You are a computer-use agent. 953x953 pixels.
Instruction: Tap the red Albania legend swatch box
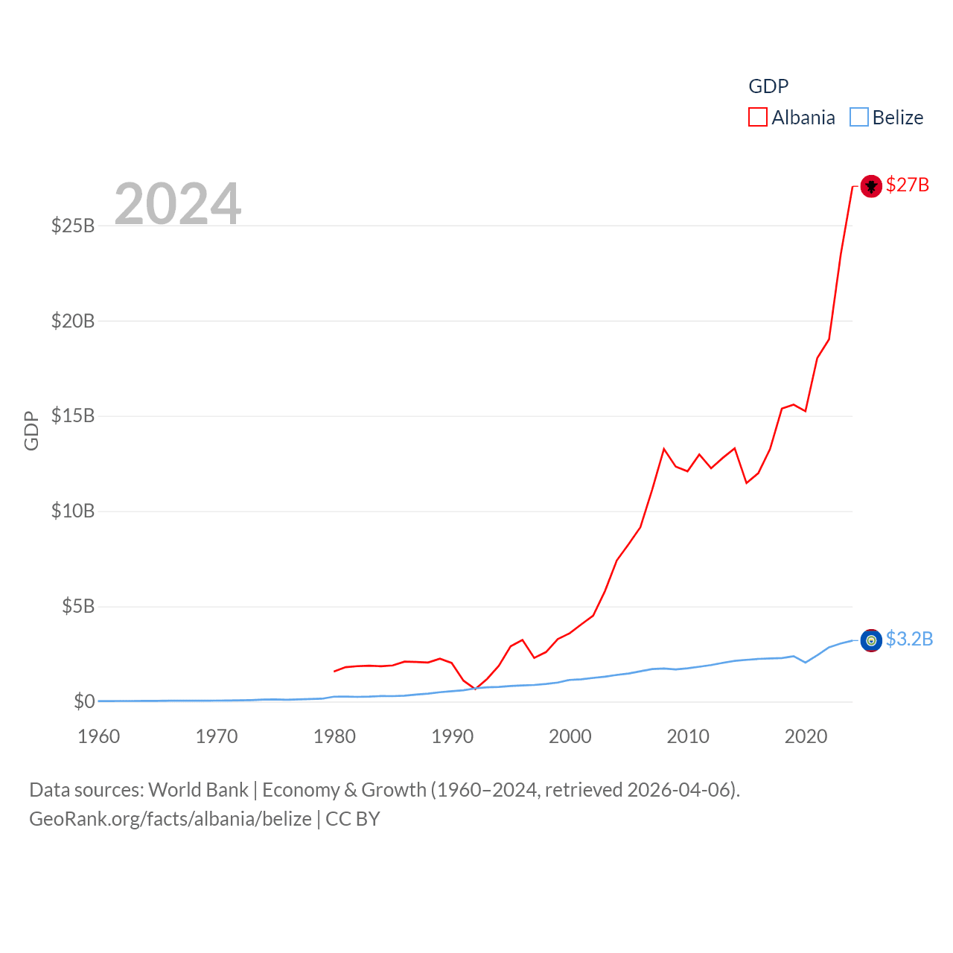point(758,118)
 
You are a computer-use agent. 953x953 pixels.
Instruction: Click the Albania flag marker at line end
point(871,186)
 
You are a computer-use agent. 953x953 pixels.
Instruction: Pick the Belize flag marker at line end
point(871,640)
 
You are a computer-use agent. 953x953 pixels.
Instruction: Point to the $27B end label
point(908,185)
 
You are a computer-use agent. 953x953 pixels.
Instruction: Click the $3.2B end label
point(909,639)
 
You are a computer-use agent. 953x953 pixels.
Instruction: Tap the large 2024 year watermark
point(178,203)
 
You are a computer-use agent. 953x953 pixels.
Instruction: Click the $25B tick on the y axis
point(73,226)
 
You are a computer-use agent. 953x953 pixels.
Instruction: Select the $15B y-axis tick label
point(73,415)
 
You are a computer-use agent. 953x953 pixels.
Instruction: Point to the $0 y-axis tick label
point(84,701)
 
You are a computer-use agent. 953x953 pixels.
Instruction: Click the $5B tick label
point(78,606)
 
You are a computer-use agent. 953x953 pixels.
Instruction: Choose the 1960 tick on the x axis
point(99,736)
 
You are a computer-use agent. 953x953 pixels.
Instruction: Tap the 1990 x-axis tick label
point(453,736)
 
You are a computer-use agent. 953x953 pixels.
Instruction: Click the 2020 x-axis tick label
point(806,736)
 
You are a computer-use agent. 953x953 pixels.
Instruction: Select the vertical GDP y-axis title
point(31,430)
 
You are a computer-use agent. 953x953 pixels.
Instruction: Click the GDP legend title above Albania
point(768,86)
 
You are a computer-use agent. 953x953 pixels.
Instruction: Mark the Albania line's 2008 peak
point(663,449)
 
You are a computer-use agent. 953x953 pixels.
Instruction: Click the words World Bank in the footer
point(199,789)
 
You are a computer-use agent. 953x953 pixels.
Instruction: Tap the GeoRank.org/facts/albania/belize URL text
point(170,819)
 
